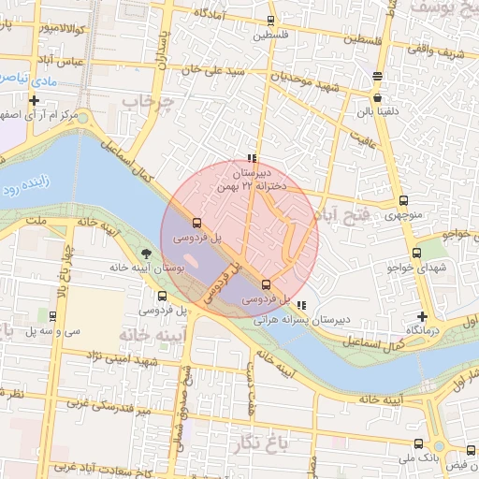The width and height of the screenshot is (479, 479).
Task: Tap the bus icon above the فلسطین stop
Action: pyautogui.click(x=271, y=20)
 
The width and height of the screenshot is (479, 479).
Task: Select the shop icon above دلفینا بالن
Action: pyautogui.click(x=376, y=96)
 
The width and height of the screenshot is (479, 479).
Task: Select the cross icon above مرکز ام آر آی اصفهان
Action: pyautogui.click(x=35, y=100)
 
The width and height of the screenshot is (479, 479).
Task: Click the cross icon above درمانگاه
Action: pyautogui.click(x=423, y=316)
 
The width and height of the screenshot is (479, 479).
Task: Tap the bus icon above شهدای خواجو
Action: pyautogui.click(x=417, y=253)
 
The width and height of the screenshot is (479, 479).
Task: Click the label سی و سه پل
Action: pyautogui.click(x=55, y=330)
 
